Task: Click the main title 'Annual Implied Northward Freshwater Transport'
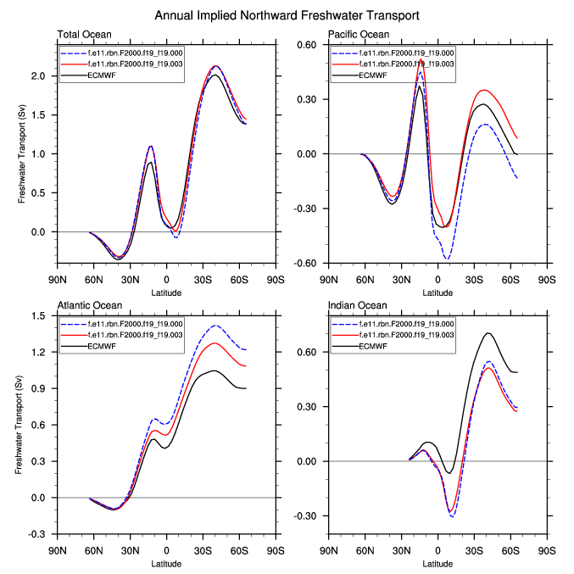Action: coord(287,15)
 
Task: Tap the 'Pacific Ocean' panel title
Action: coord(359,35)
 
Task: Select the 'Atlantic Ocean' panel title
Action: coord(89,305)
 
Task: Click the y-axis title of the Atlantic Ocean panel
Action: coord(20,425)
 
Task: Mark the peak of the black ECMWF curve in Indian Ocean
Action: coord(488,333)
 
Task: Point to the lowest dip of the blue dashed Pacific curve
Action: coord(447,258)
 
